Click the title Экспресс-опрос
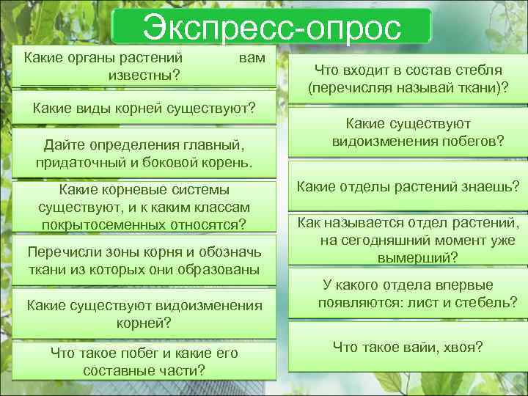[272, 28]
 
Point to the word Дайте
[64, 143]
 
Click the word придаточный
[76, 161]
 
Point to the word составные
[114, 370]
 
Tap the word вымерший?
[417, 257]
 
